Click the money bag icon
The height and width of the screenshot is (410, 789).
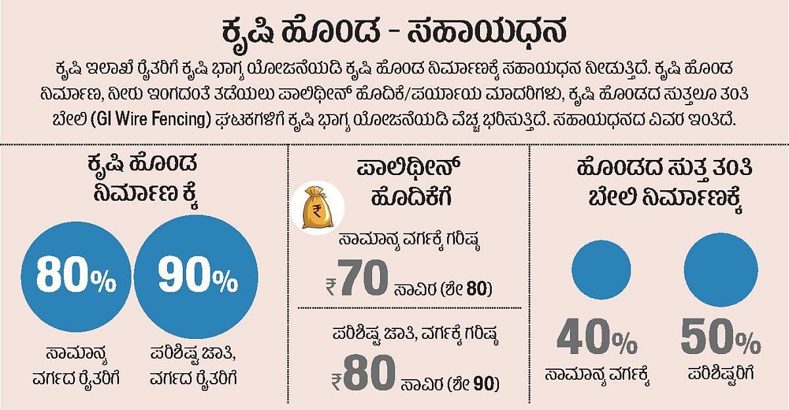coord(318,208)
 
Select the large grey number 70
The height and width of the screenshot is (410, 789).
coord(365,278)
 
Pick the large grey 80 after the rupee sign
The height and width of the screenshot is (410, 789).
coord(370,372)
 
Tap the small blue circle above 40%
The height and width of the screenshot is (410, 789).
coord(601,270)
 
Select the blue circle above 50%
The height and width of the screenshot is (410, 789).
coord(721,270)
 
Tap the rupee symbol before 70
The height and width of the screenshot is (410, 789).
coord(331,287)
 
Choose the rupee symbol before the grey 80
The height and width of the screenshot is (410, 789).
coord(337,382)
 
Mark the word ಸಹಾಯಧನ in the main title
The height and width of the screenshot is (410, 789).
coord(487,31)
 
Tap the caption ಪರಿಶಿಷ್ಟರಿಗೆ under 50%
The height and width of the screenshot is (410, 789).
coord(721,374)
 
